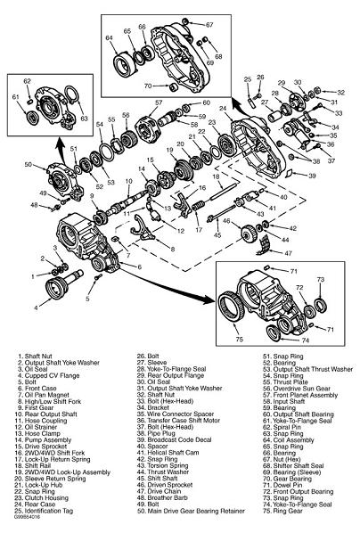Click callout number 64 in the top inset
tap(110, 39)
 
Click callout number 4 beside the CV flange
tap(36, 308)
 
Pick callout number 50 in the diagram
tap(28, 165)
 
